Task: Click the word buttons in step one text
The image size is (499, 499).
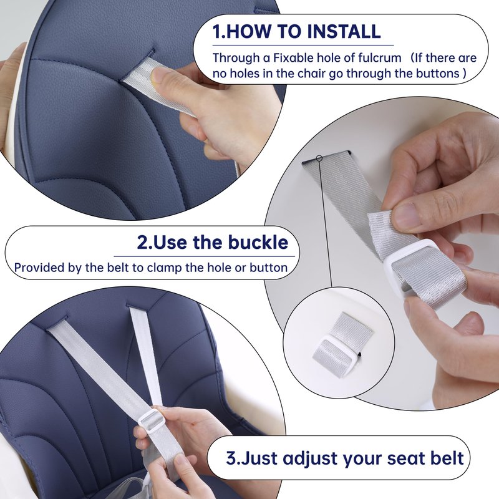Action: (438, 73)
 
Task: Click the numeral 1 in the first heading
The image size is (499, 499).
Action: (216, 32)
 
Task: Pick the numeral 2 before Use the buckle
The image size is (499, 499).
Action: (142, 242)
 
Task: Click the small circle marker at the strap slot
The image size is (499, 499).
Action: (320, 158)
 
